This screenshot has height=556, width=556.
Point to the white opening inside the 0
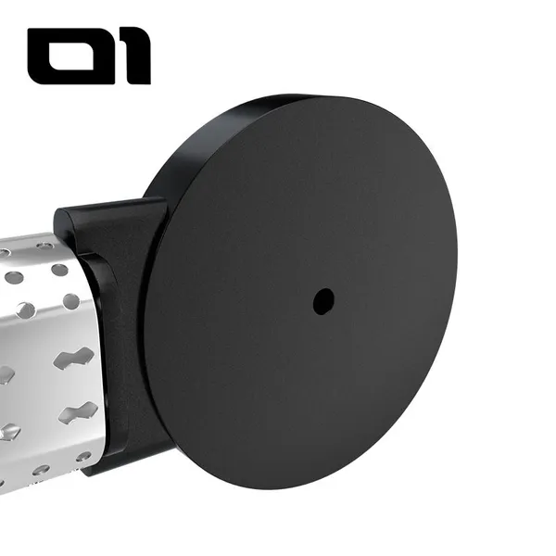71,57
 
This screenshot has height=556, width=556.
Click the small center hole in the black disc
323,301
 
